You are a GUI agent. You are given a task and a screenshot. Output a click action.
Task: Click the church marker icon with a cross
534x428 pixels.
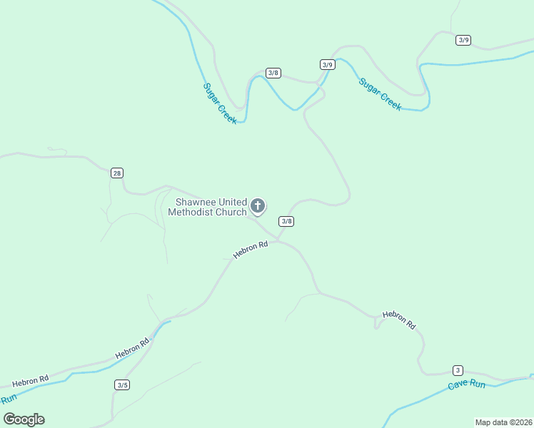258,206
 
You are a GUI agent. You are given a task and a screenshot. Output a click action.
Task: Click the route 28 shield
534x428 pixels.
117,173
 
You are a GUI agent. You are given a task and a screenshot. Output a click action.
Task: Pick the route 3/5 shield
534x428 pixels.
122,385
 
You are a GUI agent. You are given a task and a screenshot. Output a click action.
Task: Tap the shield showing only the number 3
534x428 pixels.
458,370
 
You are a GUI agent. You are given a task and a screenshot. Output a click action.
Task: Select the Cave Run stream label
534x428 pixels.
467,385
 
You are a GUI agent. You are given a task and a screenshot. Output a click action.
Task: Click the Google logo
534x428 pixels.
24,419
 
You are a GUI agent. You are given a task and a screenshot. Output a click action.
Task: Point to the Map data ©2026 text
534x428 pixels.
503,422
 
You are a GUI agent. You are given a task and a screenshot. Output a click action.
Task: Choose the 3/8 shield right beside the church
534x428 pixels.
286,221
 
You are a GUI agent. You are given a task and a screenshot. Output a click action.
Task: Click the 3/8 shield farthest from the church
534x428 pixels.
273,73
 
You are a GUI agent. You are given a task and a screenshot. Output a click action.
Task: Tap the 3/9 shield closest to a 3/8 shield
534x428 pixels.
327,64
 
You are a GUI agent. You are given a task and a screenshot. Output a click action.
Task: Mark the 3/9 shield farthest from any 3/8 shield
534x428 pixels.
463,40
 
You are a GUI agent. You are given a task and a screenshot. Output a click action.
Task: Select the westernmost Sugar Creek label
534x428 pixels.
220,104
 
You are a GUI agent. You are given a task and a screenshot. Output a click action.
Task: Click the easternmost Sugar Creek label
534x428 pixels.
381,94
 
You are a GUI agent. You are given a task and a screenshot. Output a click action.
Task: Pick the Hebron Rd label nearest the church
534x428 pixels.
251,249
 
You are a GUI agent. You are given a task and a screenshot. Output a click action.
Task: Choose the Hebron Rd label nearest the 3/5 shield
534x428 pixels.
133,348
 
